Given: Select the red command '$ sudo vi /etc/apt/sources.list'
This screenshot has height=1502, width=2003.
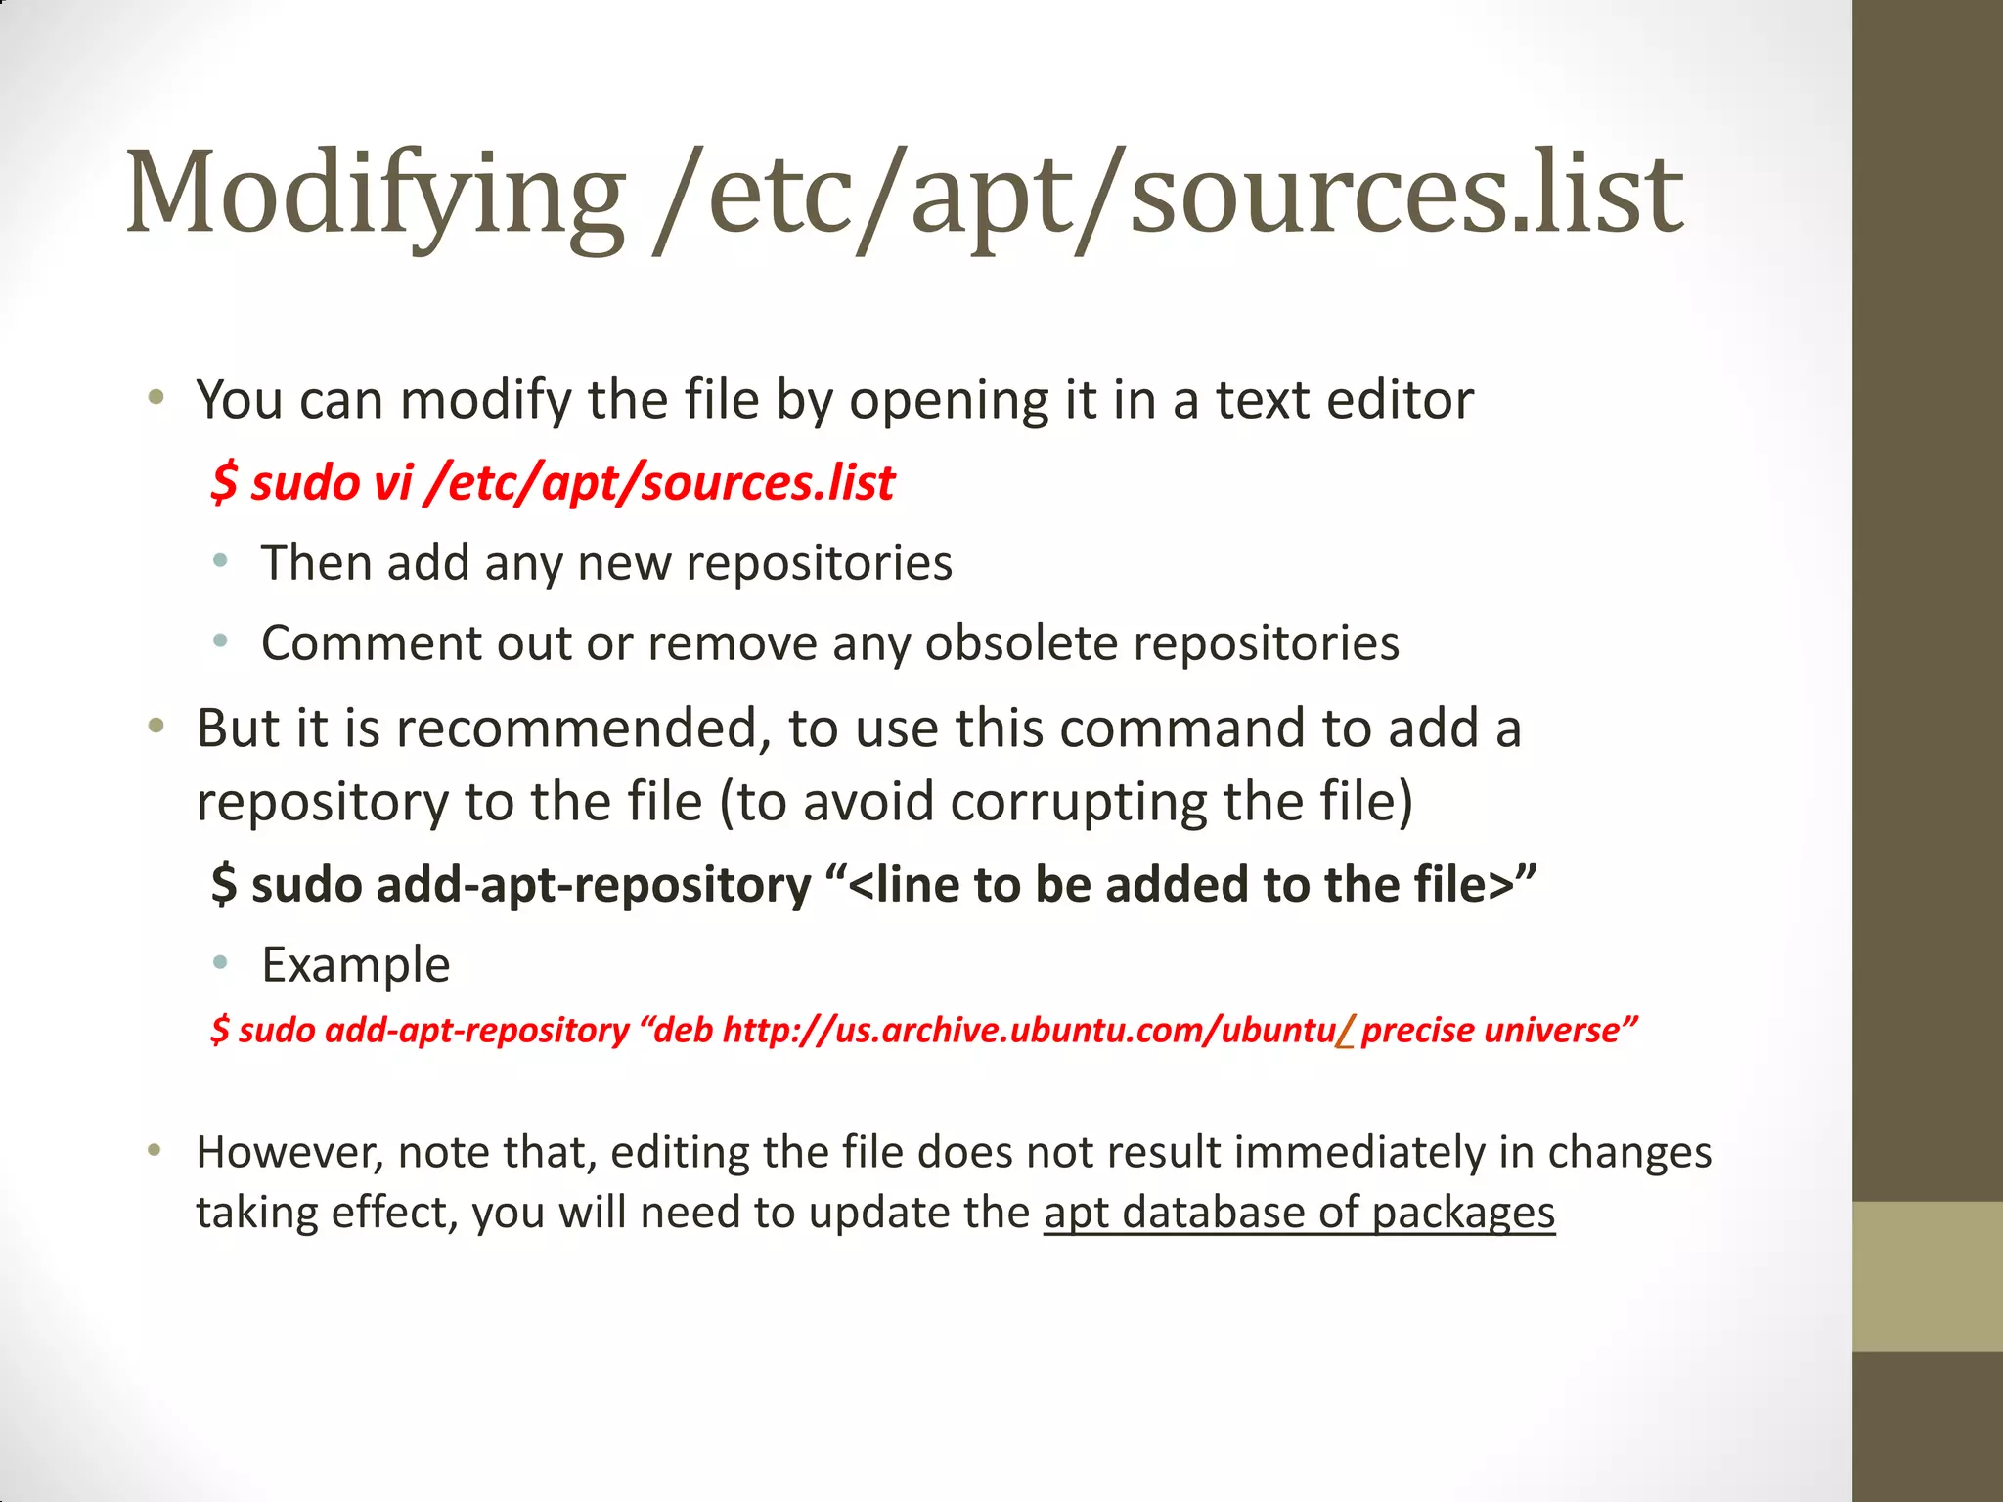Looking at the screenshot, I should pyautogui.click(x=553, y=482).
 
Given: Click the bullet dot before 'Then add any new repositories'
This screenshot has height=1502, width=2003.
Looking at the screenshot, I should pyautogui.click(x=221, y=561).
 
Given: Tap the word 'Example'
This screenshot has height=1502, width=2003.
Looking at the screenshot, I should pyautogui.click(x=356, y=965).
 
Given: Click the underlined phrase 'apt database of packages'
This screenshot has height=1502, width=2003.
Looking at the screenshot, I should pyautogui.click(x=1299, y=1213).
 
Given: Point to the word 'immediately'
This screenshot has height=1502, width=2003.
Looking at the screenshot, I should pyautogui.click(x=1359, y=1152).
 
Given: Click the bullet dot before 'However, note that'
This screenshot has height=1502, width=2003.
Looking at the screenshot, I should pyautogui.click(x=155, y=1150).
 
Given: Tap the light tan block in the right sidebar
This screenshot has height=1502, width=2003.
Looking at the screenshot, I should pyautogui.click(x=1927, y=1276).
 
